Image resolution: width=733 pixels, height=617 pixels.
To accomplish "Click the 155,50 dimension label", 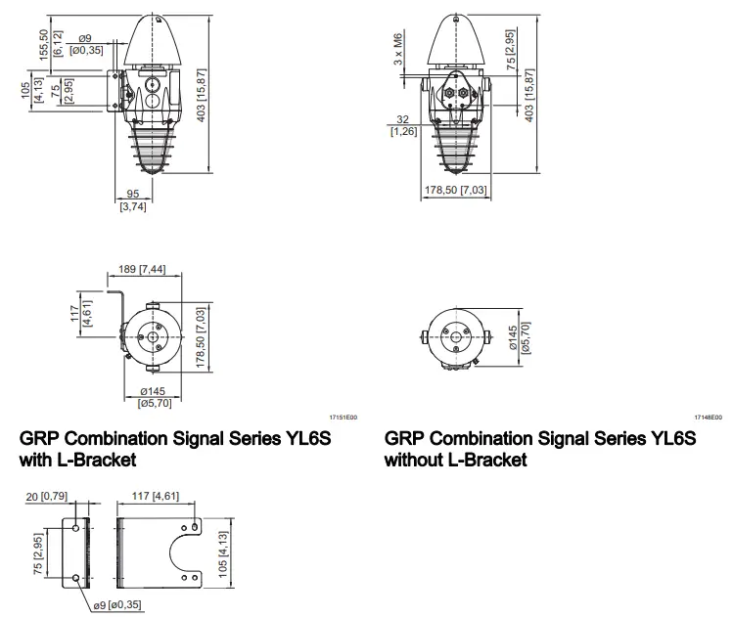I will coord(44,45).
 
